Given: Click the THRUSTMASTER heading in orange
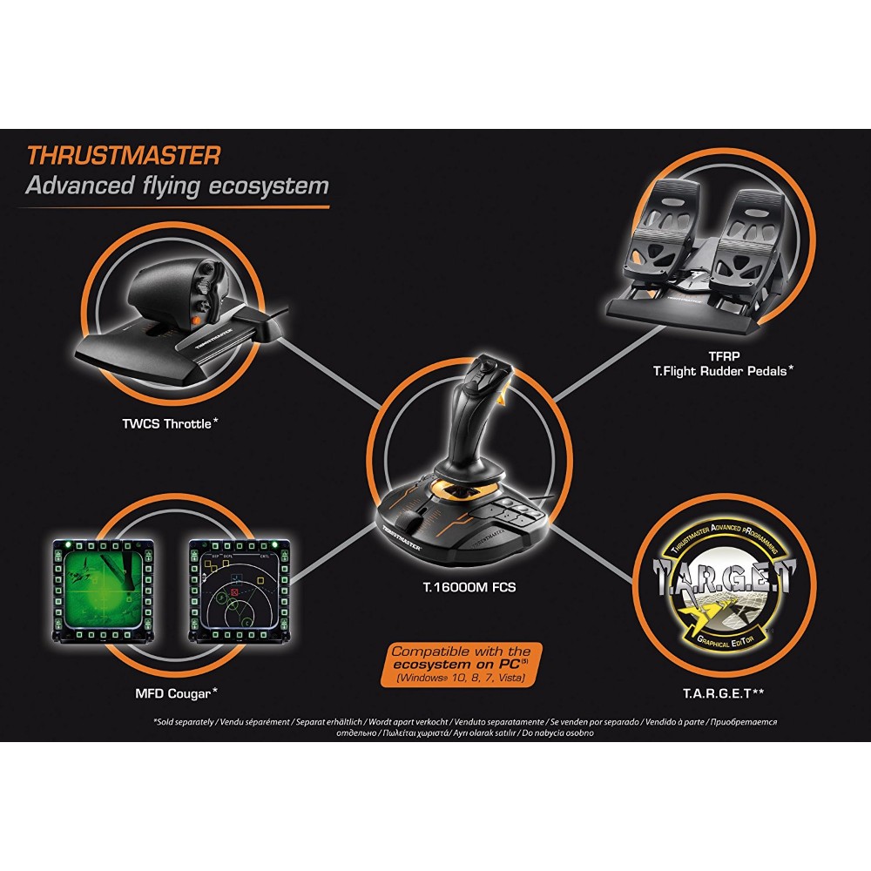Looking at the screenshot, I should coord(123,156).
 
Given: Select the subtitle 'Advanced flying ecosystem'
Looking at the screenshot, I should coord(177,186).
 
